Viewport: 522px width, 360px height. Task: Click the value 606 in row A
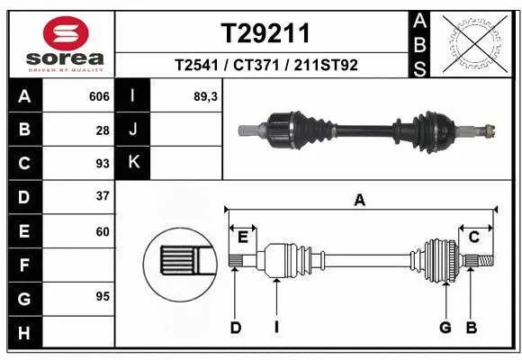pos(99,96)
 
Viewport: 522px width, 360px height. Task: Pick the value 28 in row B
pos(103,130)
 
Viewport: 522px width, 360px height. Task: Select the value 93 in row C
pos(103,163)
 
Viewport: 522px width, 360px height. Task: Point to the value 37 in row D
pos(103,196)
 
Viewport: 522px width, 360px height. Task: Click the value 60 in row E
pos(103,231)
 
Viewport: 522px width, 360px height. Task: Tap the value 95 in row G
pos(103,296)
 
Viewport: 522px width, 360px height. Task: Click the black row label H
pos(23,334)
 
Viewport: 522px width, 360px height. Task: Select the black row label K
pos(133,163)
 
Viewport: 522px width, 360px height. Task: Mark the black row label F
pos(23,265)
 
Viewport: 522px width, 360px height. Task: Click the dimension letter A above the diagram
pos(360,201)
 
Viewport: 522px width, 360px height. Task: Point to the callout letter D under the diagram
pos(236,328)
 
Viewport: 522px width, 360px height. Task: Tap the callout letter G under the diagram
pos(445,328)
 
